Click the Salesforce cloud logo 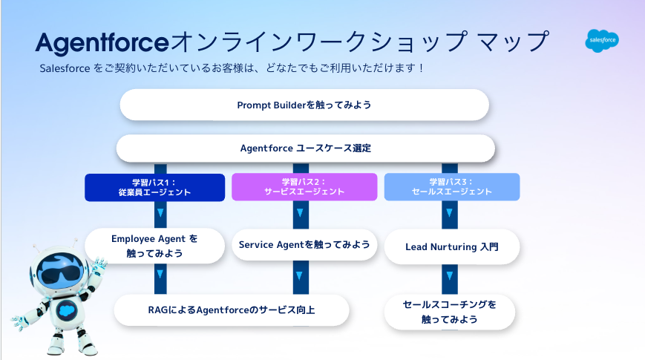click(x=602, y=40)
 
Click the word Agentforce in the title click(x=102, y=43)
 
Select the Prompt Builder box click(x=304, y=105)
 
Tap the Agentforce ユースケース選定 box click(x=306, y=148)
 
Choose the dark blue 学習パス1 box click(x=154, y=188)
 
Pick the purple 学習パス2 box click(x=304, y=187)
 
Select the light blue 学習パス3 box click(x=452, y=187)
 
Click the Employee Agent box click(x=154, y=246)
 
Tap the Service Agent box click(x=304, y=245)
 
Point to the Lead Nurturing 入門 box click(x=452, y=247)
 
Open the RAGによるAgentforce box click(x=232, y=310)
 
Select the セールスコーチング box click(x=450, y=312)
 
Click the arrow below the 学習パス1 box click(x=160, y=213)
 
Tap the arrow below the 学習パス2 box click(x=301, y=213)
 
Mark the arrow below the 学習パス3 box click(x=450, y=213)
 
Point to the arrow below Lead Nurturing click(x=450, y=276)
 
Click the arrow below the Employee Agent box click(x=160, y=275)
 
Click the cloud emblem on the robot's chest click(x=66, y=310)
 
